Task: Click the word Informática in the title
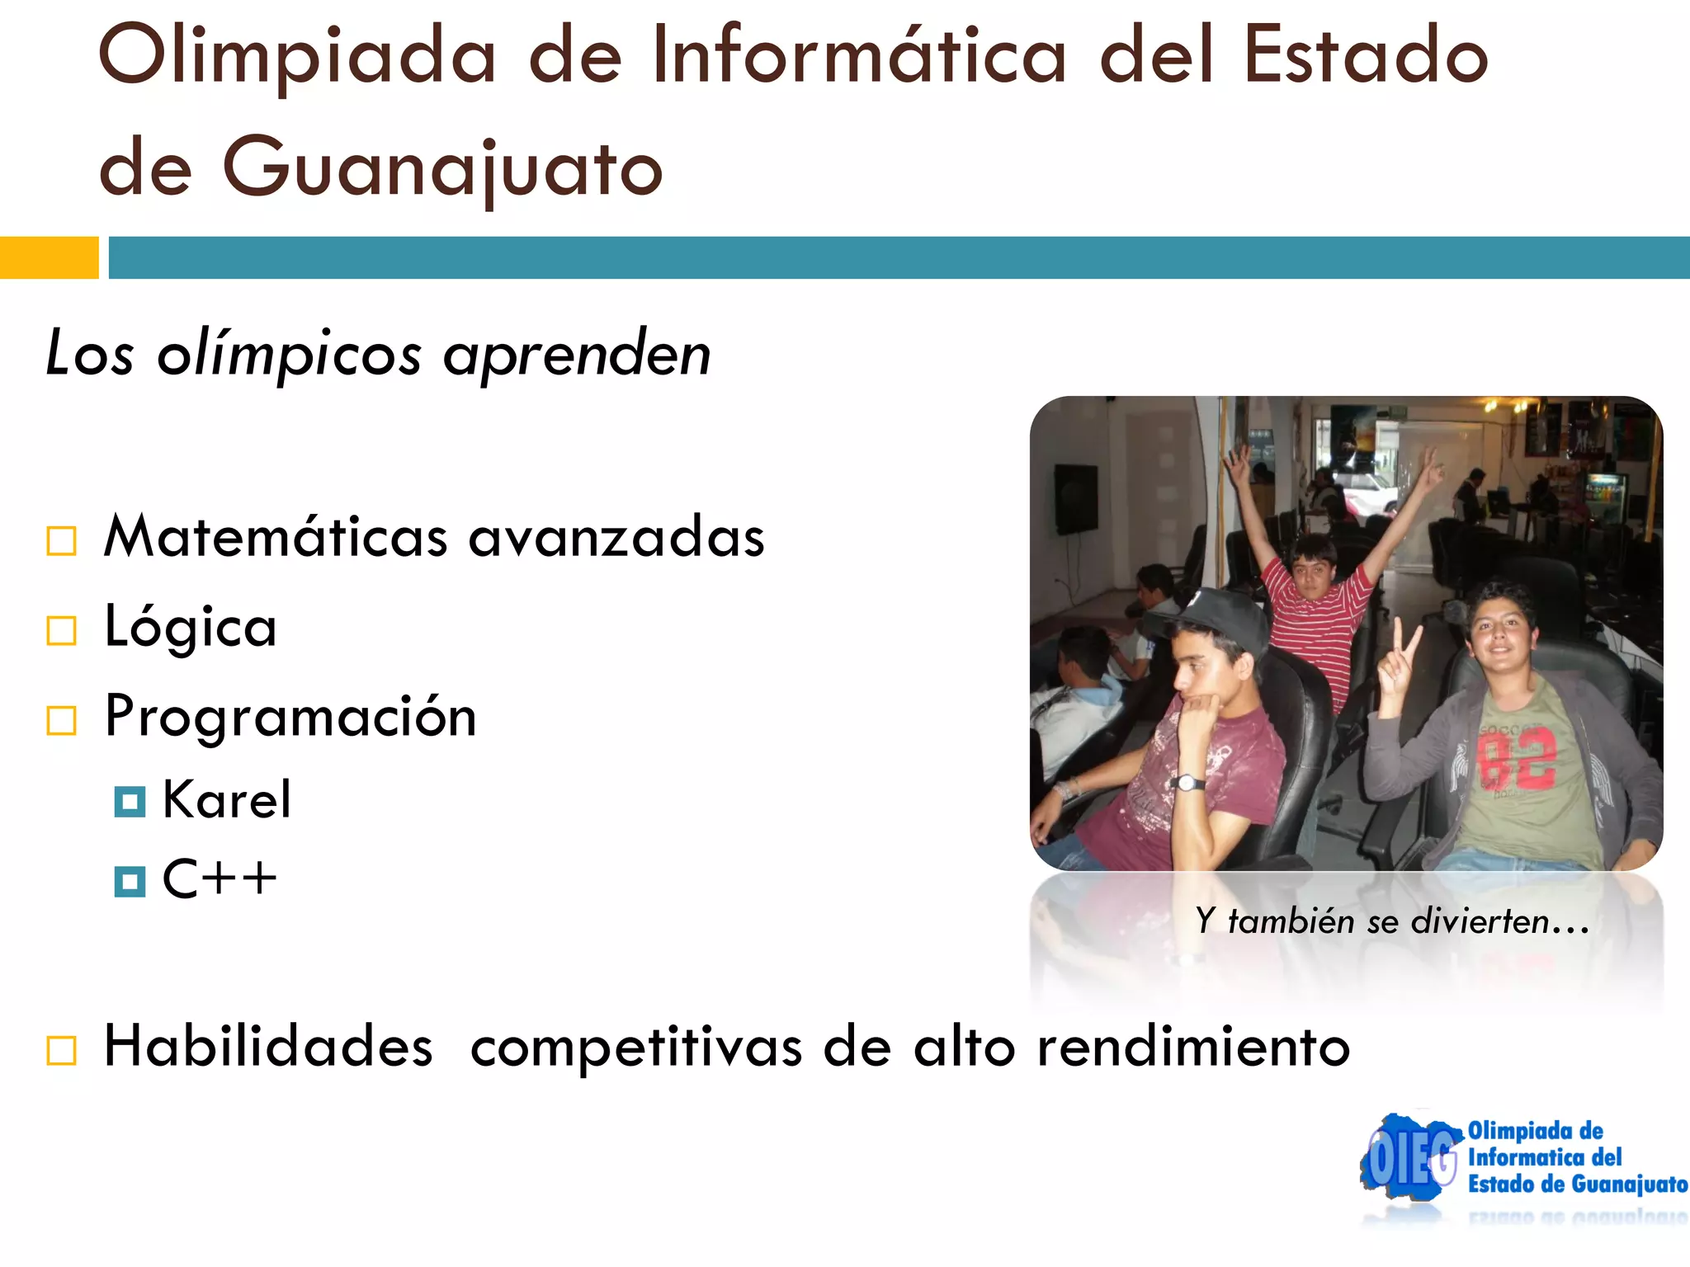[x=858, y=56]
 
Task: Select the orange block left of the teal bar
[x=49, y=257]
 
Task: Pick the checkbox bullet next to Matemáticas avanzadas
[x=62, y=541]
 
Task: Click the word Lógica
[x=191, y=627]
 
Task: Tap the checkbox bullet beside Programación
[x=62, y=720]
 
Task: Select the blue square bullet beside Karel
[x=130, y=801]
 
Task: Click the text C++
[x=220, y=878]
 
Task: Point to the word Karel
[x=227, y=799]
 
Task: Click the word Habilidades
[x=268, y=1047]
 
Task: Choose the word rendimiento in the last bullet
[x=1193, y=1047]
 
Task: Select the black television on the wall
[x=1076, y=497]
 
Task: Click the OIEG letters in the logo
[x=1411, y=1160]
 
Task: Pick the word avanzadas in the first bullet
[x=616, y=538]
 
